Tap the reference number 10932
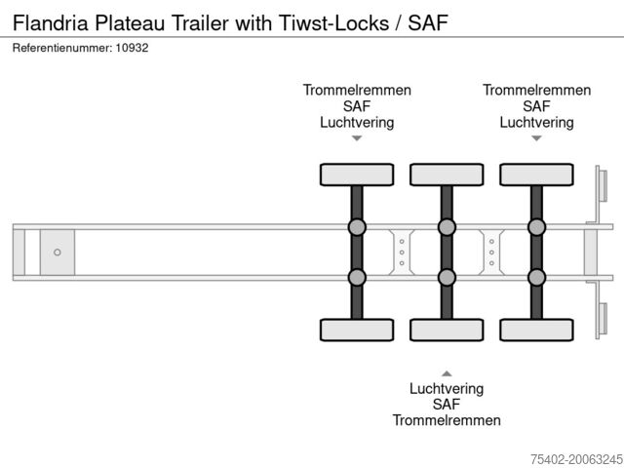click(131, 48)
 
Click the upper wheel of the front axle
click(357, 175)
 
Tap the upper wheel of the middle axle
click(447, 175)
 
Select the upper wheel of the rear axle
click(536, 175)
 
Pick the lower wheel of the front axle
click(357, 330)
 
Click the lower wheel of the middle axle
click(447, 330)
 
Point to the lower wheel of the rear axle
click(536, 330)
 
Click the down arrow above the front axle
click(357, 138)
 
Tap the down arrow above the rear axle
click(536, 138)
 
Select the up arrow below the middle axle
click(447, 372)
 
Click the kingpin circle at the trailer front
click(58, 253)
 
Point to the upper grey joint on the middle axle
click(447, 228)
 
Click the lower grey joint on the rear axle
click(536, 277)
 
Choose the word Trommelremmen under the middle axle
click(447, 420)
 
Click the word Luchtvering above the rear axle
click(536, 123)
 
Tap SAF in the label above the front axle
click(357, 106)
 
